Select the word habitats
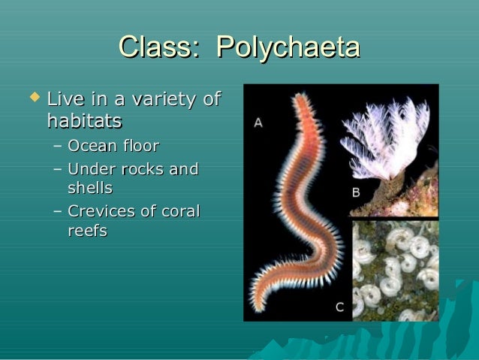tap(84, 120)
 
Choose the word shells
tap(90, 187)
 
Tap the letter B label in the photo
tap(356, 192)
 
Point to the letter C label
tap(340, 306)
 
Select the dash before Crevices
tap(58, 213)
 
